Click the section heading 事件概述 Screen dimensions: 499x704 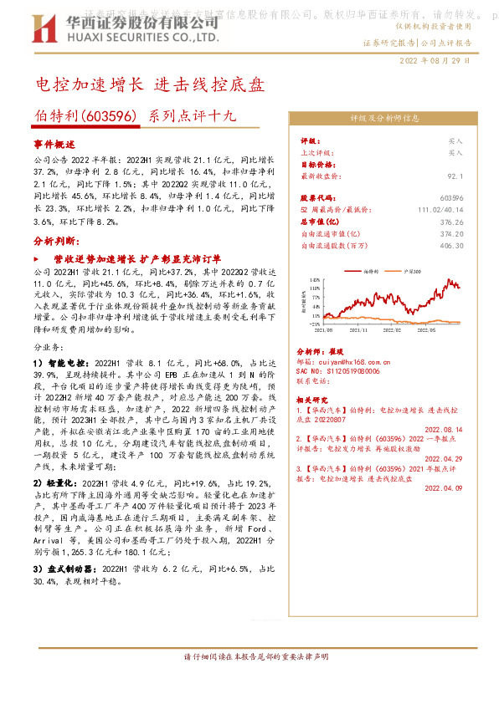click(54, 144)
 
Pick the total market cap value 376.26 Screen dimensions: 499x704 click(451, 222)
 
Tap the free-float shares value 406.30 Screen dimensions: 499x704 click(450, 246)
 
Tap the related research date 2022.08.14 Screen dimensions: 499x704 click(445, 427)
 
